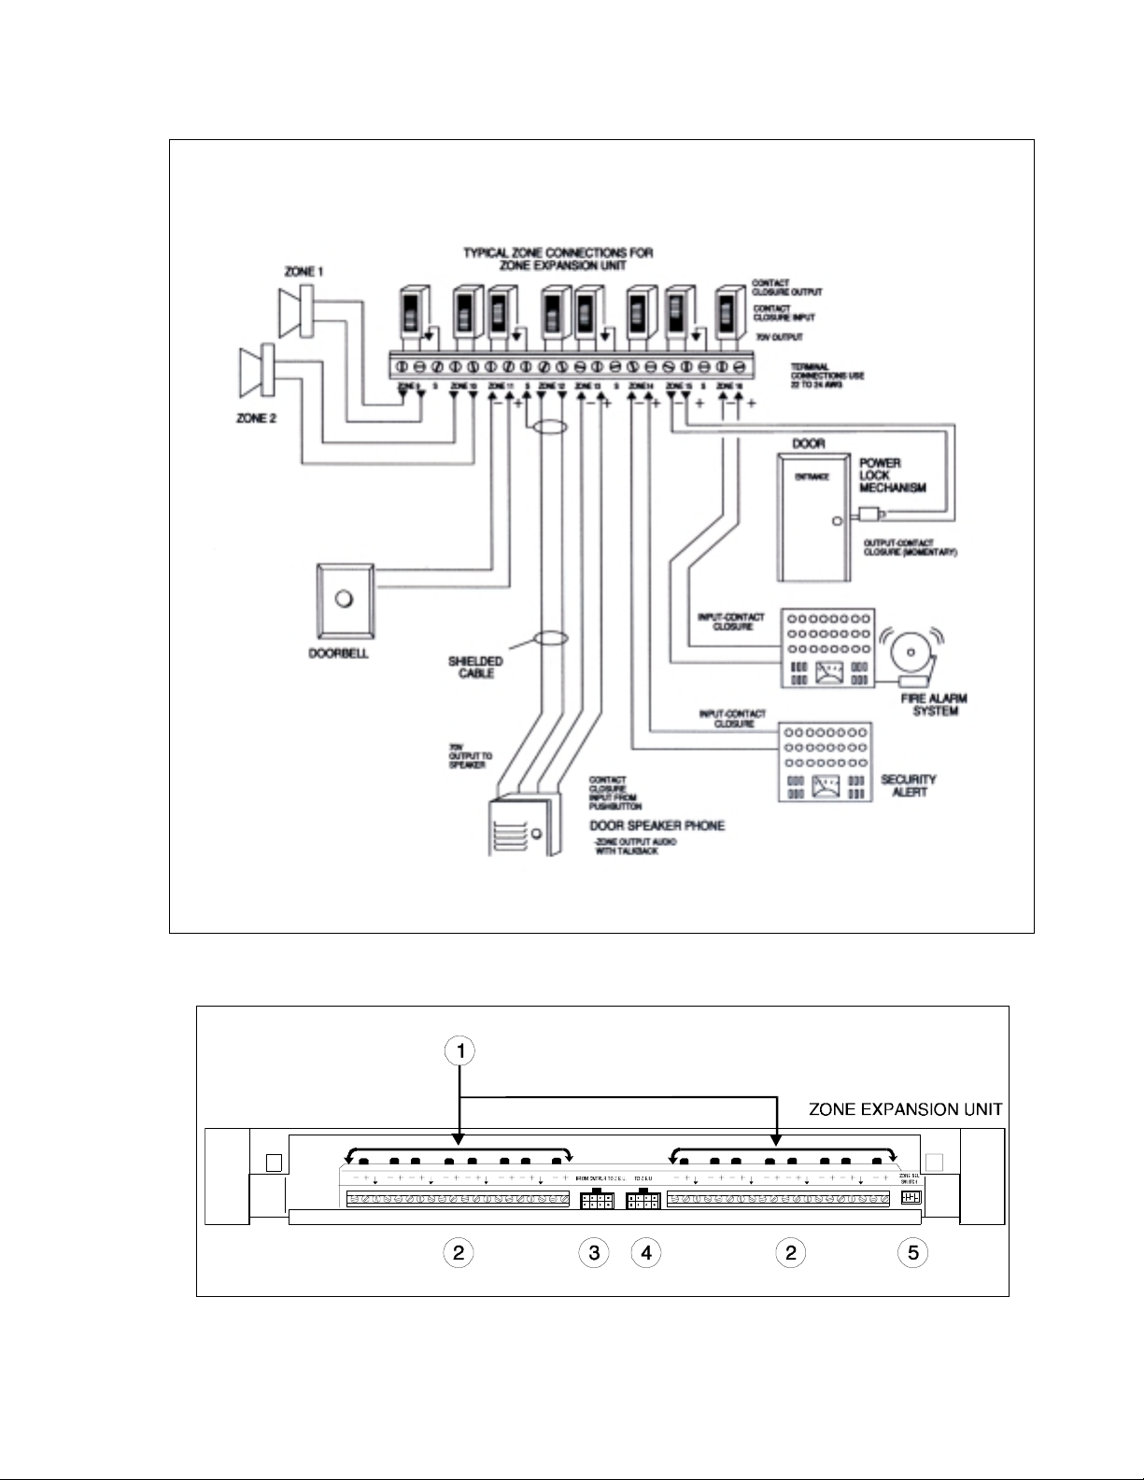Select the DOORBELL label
click(x=338, y=654)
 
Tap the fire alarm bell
click(x=911, y=648)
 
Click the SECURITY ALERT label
click(x=909, y=785)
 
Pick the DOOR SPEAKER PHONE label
click(x=657, y=825)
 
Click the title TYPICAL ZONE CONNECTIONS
click(x=558, y=259)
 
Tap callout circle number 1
click(x=459, y=1051)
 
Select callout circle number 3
click(x=594, y=1253)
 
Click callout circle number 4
click(x=645, y=1253)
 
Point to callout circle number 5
click(x=912, y=1253)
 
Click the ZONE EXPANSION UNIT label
click(x=905, y=1109)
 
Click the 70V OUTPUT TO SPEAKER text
click(x=465, y=756)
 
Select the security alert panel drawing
click(x=825, y=762)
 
